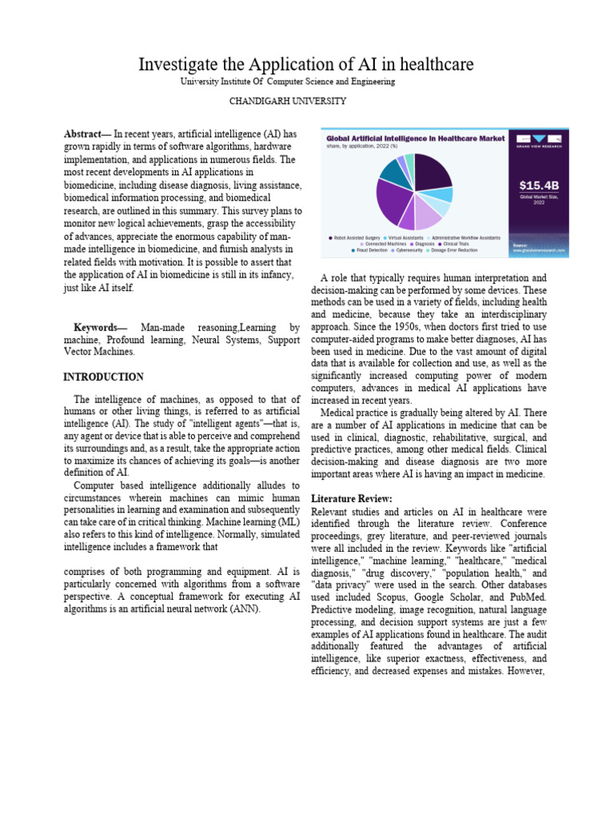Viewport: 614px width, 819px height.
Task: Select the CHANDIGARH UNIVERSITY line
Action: [x=288, y=101]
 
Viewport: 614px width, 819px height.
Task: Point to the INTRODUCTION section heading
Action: [x=103, y=377]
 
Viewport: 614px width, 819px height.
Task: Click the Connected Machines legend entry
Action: [x=386, y=244]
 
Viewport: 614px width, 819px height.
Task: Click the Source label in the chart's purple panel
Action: [x=520, y=245]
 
